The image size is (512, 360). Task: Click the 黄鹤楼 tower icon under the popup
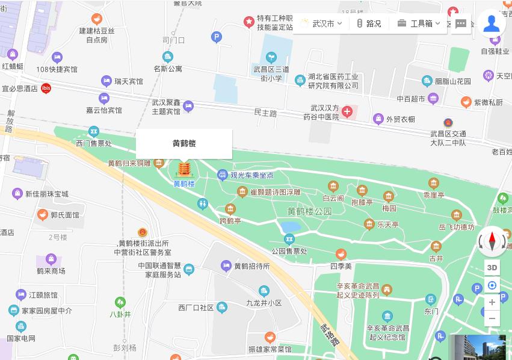click(x=184, y=168)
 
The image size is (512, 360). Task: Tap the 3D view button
click(x=492, y=267)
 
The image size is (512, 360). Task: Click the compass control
click(x=492, y=241)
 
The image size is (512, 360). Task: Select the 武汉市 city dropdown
click(x=321, y=23)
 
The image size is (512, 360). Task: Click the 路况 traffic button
click(x=369, y=23)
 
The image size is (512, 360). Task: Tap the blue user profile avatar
click(x=492, y=23)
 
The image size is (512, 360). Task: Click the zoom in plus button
click(x=492, y=302)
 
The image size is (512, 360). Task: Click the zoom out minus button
click(x=492, y=318)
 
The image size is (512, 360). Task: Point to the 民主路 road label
click(x=265, y=113)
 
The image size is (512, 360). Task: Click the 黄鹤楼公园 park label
click(x=309, y=211)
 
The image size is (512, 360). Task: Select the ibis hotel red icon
click(x=46, y=88)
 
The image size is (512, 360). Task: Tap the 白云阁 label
click(x=333, y=197)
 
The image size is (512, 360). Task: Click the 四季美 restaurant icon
click(x=341, y=254)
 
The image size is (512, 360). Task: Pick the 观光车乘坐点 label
click(x=251, y=175)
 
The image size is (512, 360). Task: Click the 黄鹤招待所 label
click(x=251, y=266)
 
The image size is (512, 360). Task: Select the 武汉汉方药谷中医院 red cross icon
click(x=347, y=111)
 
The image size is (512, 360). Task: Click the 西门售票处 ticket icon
click(x=93, y=132)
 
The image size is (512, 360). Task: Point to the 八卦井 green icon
click(x=120, y=302)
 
